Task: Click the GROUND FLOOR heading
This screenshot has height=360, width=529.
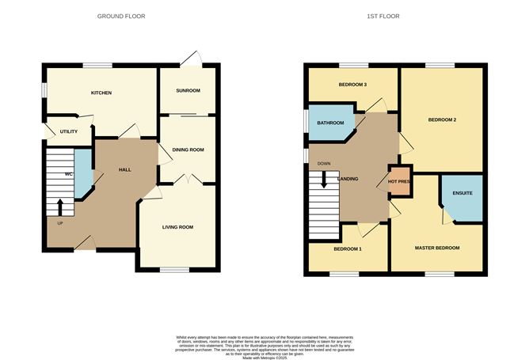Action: click(x=121, y=16)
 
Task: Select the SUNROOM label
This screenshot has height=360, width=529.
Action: click(x=187, y=91)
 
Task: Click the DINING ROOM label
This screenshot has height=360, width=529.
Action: click(x=188, y=150)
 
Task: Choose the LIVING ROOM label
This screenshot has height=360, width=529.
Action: click(x=177, y=227)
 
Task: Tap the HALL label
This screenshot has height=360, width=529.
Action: click(x=125, y=170)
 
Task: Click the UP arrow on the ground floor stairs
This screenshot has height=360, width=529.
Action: click(x=60, y=207)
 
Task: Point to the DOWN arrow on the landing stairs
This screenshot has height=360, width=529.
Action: click(x=324, y=180)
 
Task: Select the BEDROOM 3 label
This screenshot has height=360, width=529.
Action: click(x=352, y=84)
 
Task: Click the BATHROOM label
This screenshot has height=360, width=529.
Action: click(x=330, y=123)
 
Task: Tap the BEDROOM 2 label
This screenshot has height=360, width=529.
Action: click(x=442, y=120)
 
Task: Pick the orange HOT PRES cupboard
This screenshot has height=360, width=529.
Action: click(x=398, y=181)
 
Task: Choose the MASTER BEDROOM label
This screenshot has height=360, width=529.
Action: click(x=437, y=248)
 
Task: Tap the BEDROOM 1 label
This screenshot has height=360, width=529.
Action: click(x=348, y=249)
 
